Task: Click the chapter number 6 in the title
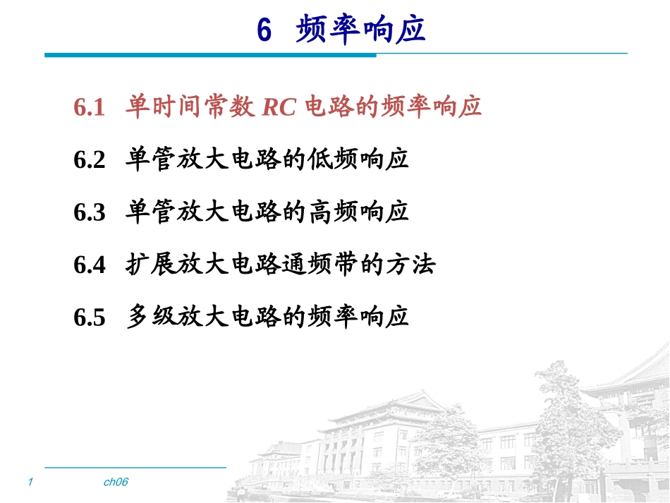tap(264, 30)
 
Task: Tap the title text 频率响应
tap(360, 29)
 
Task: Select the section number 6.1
tap(90, 107)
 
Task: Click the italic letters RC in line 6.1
tap(279, 107)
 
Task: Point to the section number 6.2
tap(90, 160)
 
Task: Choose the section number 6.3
tap(90, 212)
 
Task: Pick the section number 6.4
tap(90, 265)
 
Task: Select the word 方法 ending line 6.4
tap(411, 264)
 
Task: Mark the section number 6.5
tap(90, 317)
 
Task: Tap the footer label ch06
tap(116, 482)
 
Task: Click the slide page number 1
tap(30, 482)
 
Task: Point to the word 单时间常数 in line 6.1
tap(190, 106)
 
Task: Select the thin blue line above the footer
tap(135, 468)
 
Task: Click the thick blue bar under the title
tap(210, 55)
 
